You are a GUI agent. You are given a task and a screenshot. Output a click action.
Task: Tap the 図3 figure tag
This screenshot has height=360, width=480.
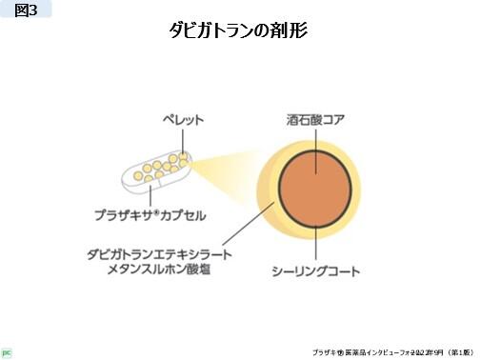pos(26,10)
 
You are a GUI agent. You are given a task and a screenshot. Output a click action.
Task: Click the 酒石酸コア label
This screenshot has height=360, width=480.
pos(314,121)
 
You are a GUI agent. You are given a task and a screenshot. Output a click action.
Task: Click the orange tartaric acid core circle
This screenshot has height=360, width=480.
pos(310,188)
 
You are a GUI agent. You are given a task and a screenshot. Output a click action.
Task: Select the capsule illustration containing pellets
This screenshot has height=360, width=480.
pos(155,170)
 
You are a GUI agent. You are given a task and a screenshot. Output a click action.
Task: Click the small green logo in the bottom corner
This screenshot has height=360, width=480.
pos(7,350)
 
